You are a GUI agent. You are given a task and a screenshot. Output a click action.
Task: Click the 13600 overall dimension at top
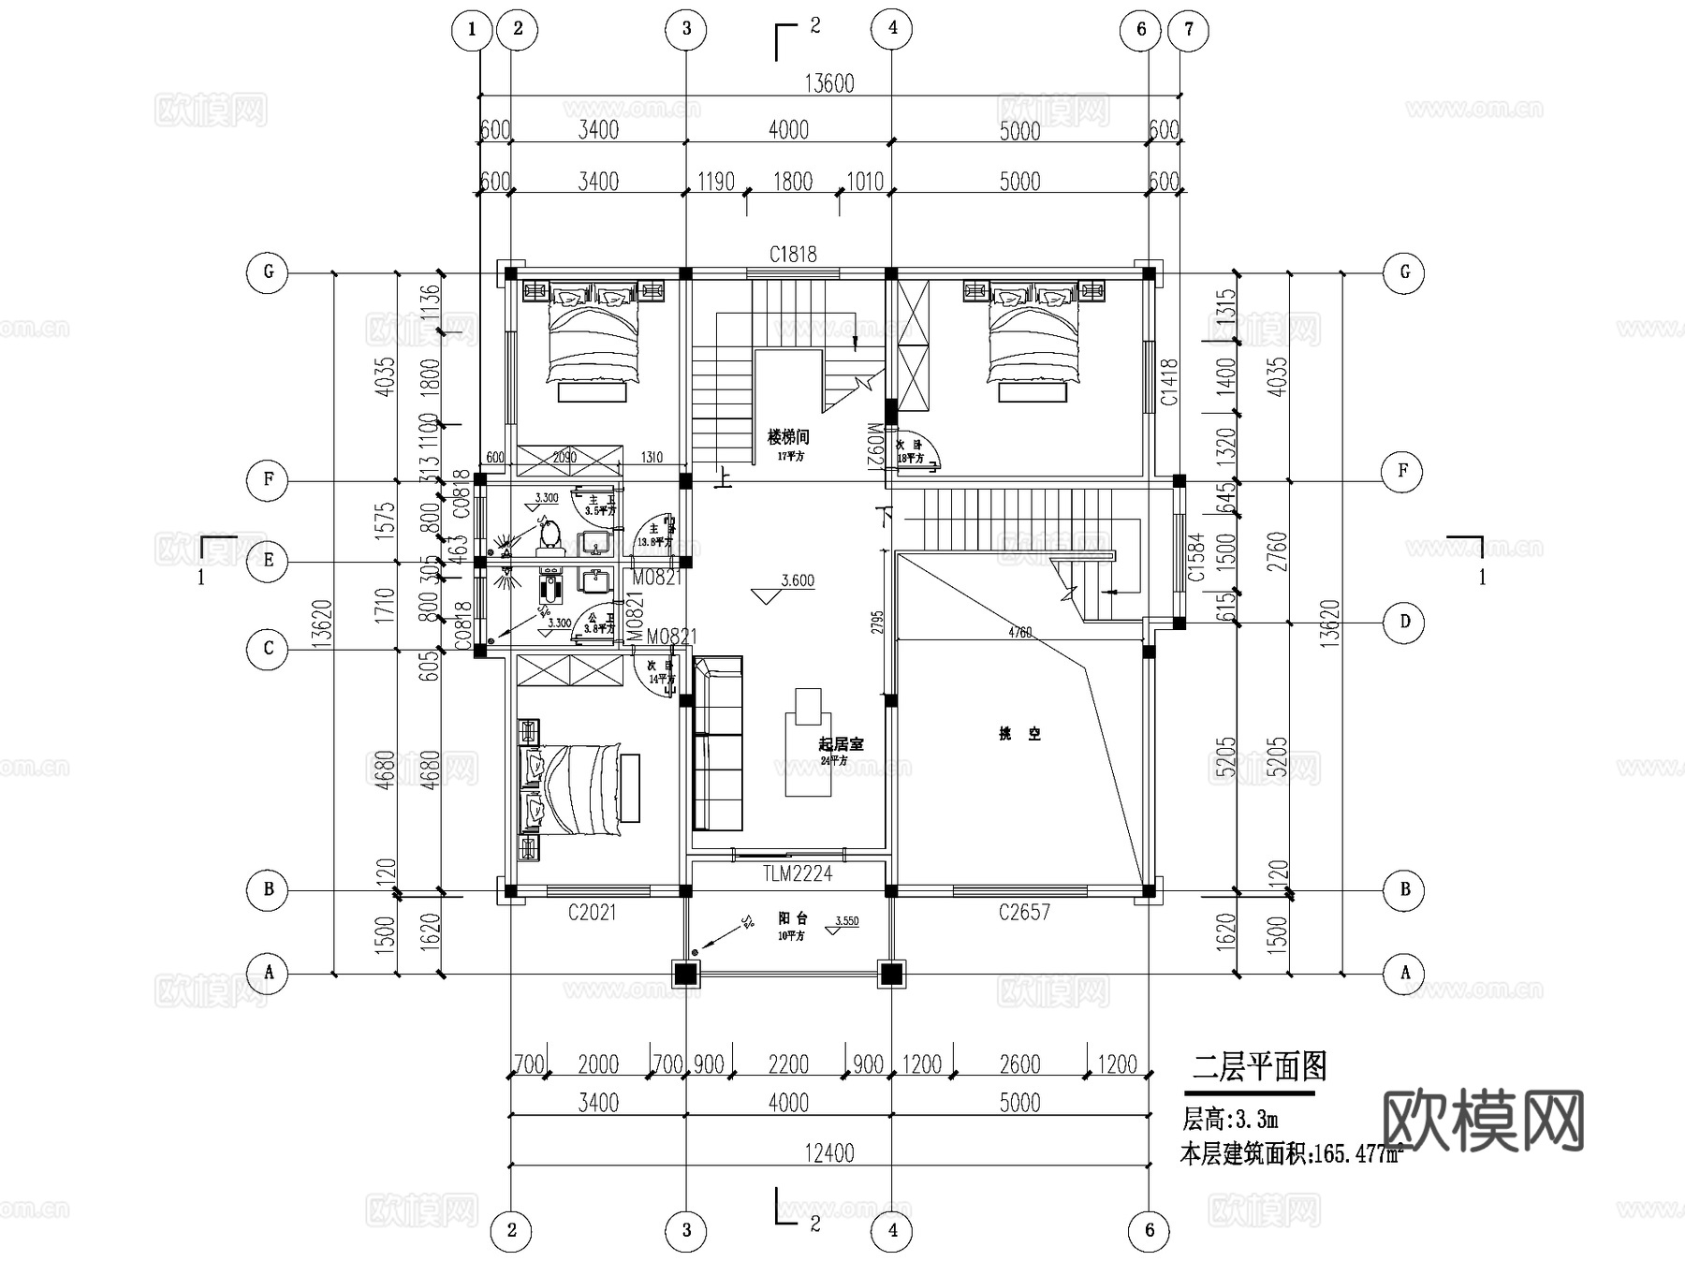point(829,83)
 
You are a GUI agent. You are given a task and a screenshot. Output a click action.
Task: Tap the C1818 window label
point(793,254)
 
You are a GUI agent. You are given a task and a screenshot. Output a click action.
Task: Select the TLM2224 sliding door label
point(796,873)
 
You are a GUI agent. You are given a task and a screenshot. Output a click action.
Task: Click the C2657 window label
point(1024,912)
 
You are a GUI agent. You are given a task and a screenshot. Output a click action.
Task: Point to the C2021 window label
point(592,912)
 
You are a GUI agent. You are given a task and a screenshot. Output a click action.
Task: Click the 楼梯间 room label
point(788,437)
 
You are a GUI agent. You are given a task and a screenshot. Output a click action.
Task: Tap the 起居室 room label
point(841,744)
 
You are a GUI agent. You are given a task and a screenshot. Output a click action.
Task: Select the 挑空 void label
point(1019,734)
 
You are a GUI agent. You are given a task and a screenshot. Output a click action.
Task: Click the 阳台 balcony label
point(792,919)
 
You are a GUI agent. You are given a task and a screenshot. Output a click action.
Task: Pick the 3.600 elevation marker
point(797,580)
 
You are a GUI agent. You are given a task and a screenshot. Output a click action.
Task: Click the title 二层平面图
point(1259,1066)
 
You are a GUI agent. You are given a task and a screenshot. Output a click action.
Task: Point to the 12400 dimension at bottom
point(829,1153)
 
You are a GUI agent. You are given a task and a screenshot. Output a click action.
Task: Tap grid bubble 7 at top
point(1188,29)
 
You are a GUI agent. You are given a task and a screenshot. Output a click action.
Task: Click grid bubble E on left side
point(269,561)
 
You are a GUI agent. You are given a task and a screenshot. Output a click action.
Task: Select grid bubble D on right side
point(1404,622)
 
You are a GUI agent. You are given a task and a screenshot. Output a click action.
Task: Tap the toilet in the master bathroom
point(549,535)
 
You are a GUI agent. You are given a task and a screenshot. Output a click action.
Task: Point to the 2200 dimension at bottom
point(788,1064)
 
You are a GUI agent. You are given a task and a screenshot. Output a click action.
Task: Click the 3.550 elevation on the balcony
point(846,921)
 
